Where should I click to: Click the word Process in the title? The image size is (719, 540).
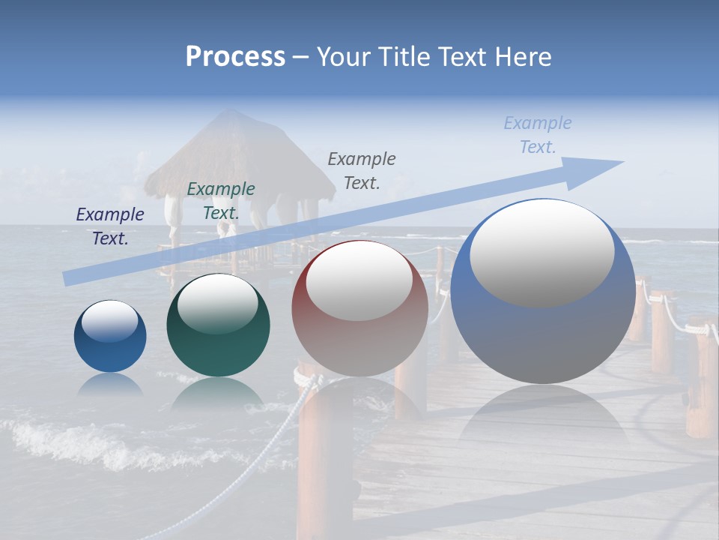pyautogui.click(x=235, y=57)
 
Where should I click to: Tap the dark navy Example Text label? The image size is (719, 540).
pyautogui.click(x=110, y=226)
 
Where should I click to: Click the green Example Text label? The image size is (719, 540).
pyautogui.click(x=220, y=201)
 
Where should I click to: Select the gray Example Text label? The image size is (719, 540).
pyautogui.click(x=362, y=170)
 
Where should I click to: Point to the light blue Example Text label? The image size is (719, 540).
pyautogui.click(x=538, y=135)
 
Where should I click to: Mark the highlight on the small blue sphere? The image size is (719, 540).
pyautogui.click(x=110, y=320)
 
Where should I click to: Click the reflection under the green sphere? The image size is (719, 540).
pyautogui.click(x=218, y=394)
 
